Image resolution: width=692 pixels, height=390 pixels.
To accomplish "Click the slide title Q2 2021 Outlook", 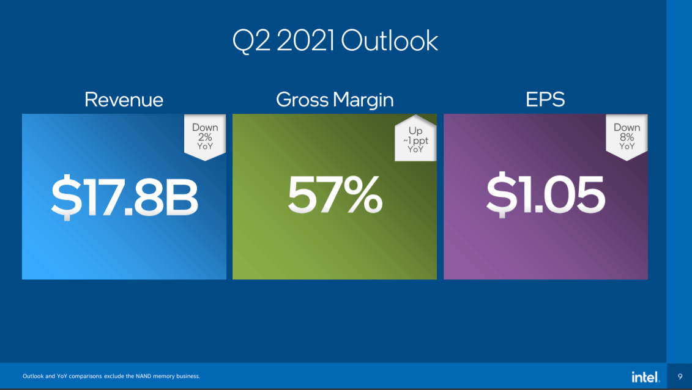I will [x=335, y=42].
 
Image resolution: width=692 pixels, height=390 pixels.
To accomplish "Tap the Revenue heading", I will [x=124, y=100].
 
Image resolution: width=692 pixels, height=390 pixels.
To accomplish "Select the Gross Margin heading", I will [x=335, y=100].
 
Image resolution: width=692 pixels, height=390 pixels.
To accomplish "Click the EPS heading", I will [x=545, y=100].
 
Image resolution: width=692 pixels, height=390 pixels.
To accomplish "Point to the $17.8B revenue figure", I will [x=124, y=197].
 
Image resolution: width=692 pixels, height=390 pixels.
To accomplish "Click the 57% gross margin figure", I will [x=335, y=197].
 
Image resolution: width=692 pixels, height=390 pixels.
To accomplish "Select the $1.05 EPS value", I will [x=545, y=197].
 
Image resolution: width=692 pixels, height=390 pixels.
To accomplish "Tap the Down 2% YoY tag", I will [x=205, y=138].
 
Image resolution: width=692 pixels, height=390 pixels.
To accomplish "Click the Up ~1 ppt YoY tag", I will [x=415, y=140].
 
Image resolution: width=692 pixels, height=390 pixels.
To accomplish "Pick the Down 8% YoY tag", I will [x=627, y=138].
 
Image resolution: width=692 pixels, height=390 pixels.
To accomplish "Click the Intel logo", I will [x=645, y=376].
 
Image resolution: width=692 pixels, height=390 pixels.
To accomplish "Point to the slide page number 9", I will [x=680, y=376].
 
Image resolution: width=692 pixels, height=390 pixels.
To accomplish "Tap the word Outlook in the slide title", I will [x=390, y=42].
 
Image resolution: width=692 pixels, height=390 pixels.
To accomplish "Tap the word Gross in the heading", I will [x=301, y=100].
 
